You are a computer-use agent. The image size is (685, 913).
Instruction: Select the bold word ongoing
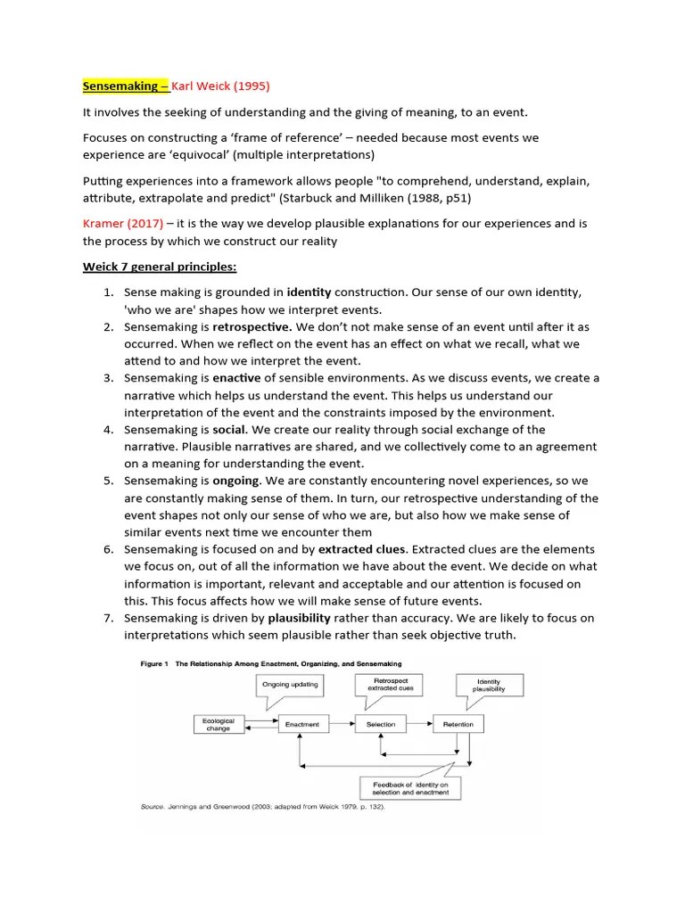pyautogui.click(x=236, y=481)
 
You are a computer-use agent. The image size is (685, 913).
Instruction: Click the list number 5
pyautogui.click(x=106, y=481)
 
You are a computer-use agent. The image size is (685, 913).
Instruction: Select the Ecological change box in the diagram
pyautogui.click(x=218, y=724)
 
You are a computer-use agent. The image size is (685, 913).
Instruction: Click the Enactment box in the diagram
pyautogui.click(x=301, y=724)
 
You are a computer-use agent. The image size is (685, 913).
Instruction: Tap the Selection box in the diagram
pyautogui.click(x=380, y=724)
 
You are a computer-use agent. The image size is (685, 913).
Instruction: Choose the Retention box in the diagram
pyautogui.click(x=458, y=724)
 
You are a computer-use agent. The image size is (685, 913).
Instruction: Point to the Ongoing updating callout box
pyautogui.click(x=289, y=685)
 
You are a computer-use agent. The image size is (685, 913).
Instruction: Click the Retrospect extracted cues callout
pyautogui.click(x=388, y=685)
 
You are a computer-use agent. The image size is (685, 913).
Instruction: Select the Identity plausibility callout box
pyautogui.click(x=490, y=685)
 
